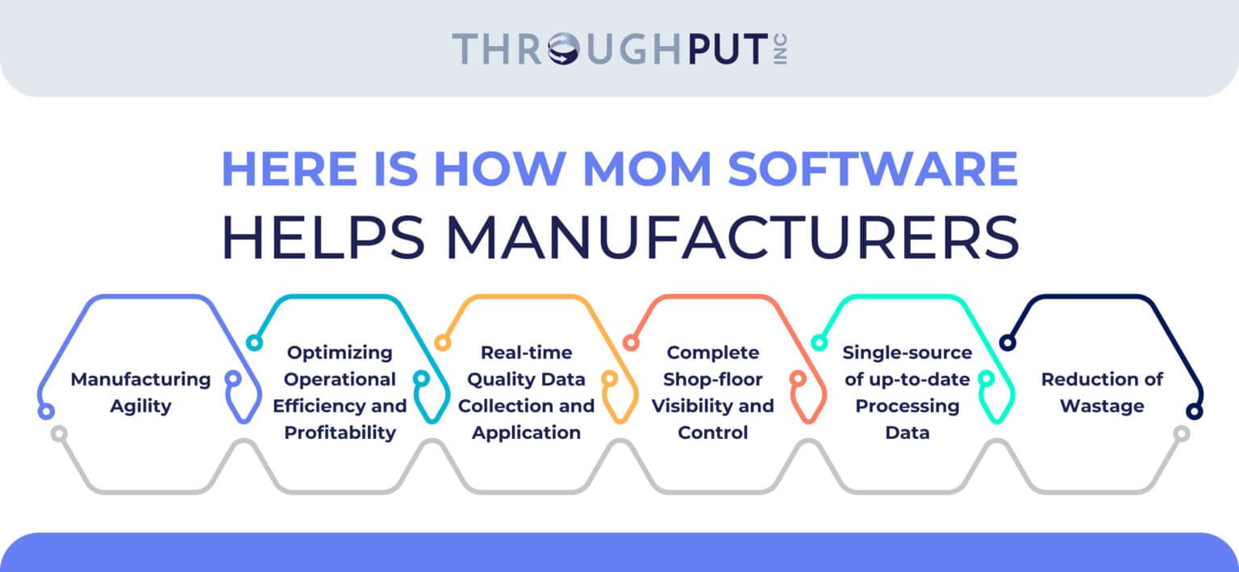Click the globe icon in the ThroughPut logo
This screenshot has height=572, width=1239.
[562, 48]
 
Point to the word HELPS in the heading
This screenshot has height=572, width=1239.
[322, 236]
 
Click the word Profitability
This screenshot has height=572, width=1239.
[340, 432]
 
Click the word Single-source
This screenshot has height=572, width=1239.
[907, 353]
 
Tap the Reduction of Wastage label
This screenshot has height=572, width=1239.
[1101, 392]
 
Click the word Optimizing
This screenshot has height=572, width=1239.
[340, 353]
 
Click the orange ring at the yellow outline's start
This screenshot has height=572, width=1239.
[442, 343]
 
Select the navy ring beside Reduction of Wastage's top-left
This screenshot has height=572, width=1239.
[1006, 343]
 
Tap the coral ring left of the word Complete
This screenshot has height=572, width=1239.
[631, 343]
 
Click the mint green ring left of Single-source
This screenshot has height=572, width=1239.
[818, 343]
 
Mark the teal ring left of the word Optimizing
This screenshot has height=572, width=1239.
[254, 343]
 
